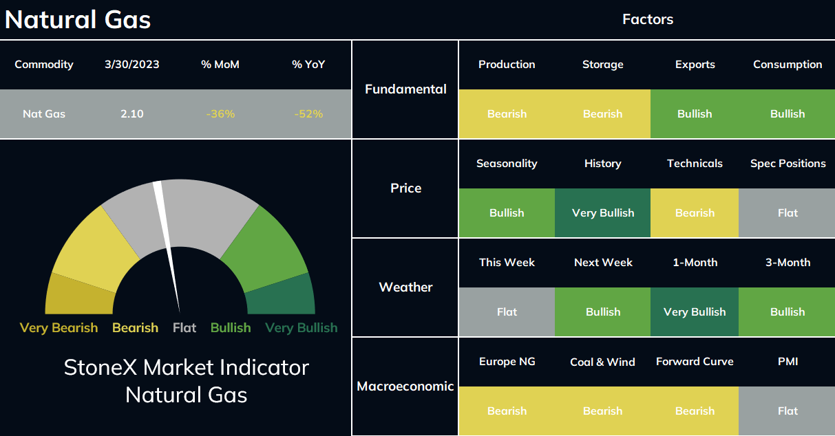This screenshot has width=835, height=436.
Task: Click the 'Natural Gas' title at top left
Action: click(78, 19)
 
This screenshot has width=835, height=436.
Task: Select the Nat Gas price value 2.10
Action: click(132, 113)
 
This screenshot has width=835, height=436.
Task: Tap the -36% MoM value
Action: click(220, 113)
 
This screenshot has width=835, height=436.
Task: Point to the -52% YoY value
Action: click(308, 113)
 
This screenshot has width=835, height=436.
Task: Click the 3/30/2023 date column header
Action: click(132, 65)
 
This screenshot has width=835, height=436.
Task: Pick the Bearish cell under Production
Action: click(507, 113)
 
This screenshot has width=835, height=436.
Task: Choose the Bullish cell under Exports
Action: click(695, 113)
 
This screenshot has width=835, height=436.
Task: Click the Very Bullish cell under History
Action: click(603, 212)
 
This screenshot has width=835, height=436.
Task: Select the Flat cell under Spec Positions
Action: click(787, 212)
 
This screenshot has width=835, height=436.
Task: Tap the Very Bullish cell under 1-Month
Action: click(695, 312)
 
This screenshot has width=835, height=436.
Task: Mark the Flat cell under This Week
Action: click(507, 312)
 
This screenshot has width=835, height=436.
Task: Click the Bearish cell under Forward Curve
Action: click(695, 411)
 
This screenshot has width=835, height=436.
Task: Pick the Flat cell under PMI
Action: click(787, 411)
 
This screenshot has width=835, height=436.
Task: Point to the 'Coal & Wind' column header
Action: click(602, 362)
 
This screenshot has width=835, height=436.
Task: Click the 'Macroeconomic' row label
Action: click(405, 386)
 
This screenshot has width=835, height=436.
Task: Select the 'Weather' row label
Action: click(405, 287)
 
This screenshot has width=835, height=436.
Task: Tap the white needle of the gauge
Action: click(167, 246)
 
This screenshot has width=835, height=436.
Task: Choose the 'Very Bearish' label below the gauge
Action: click(59, 327)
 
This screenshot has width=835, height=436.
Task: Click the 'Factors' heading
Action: click(648, 19)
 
